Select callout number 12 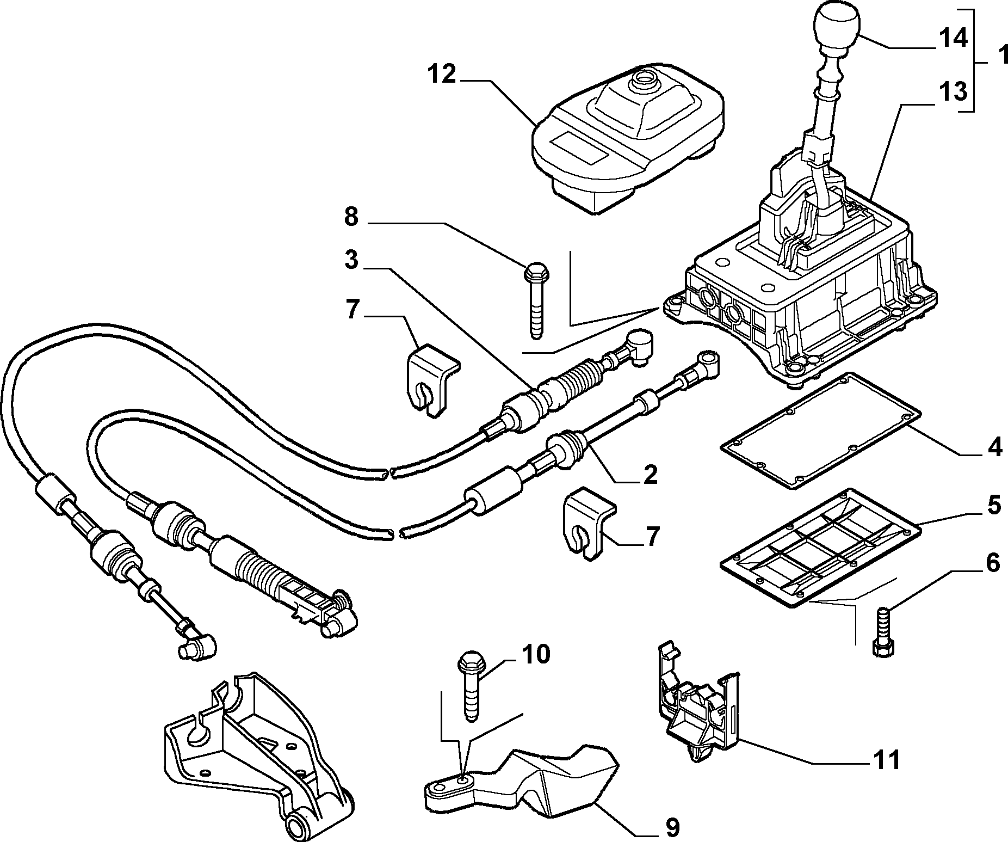[440, 75]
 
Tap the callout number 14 [953, 39]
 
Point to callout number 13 [953, 92]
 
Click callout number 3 [352, 260]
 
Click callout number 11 [887, 759]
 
